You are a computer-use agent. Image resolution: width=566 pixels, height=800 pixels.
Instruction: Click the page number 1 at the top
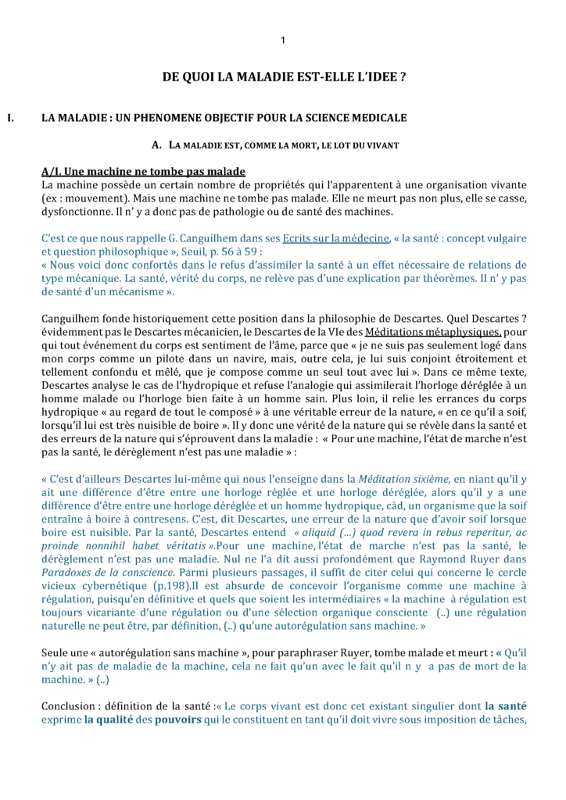(283, 41)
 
